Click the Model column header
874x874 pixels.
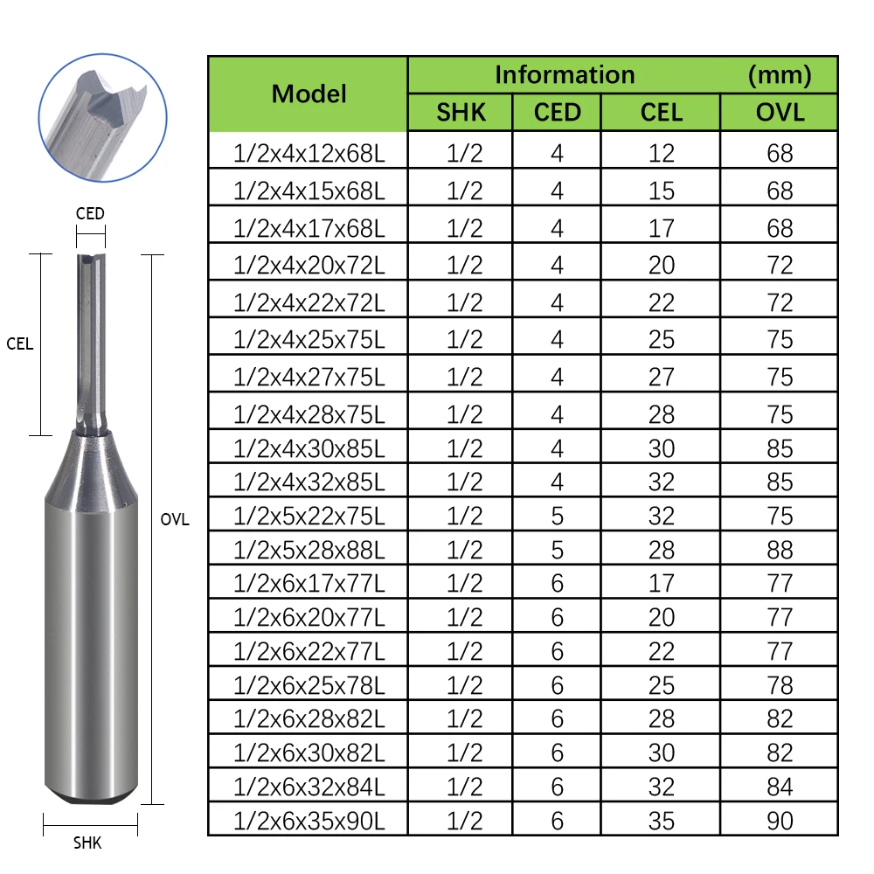coord(309,94)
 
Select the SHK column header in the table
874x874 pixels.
coord(461,112)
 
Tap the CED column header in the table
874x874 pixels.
coord(557,112)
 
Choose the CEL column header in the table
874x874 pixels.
coord(661,112)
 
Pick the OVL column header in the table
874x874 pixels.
coord(780,112)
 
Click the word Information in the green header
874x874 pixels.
coord(565,74)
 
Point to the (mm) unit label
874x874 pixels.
coord(780,74)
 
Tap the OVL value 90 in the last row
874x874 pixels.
coord(780,820)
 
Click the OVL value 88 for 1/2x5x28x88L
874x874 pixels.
coord(780,550)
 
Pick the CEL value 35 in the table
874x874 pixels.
coord(662,820)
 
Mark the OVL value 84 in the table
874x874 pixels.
coord(780,787)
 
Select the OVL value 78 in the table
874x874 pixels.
coord(780,685)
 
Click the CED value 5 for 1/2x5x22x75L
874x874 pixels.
coord(557,516)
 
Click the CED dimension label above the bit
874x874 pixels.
coord(90,213)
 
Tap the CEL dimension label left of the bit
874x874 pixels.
coord(19,343)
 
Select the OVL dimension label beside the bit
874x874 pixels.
coord(175,519)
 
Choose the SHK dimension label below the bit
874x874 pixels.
coord(87,843)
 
